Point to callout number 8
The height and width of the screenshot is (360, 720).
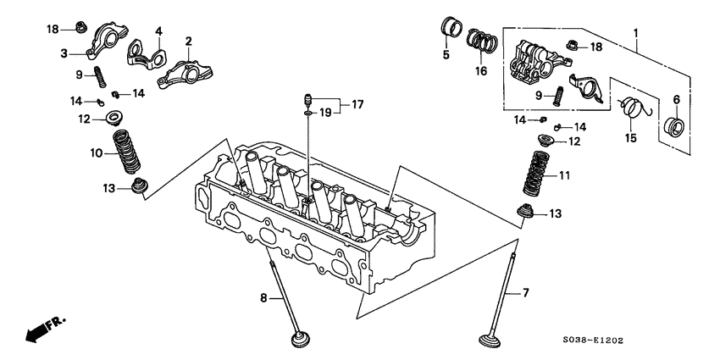pyautogui.click(x=263, y=297)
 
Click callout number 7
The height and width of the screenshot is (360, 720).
pyautogui.click(x=525, y=293)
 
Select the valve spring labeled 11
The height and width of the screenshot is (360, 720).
pyautogui.click(x=523, y=175)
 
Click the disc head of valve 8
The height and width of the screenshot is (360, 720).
pyautogui.click(x=299, y=341)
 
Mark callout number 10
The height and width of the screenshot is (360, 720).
pyautogui.click(x=96, y=153)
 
